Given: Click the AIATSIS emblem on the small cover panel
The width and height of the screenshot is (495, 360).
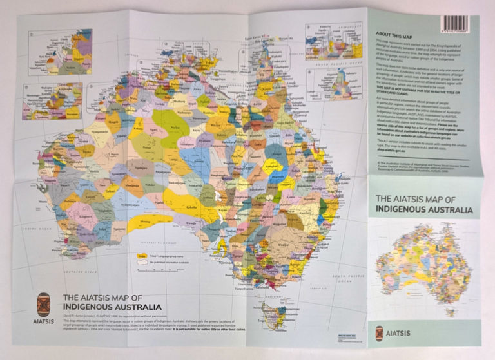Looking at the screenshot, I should [380, 333].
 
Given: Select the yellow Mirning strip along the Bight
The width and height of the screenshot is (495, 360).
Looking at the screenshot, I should [150, 222].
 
